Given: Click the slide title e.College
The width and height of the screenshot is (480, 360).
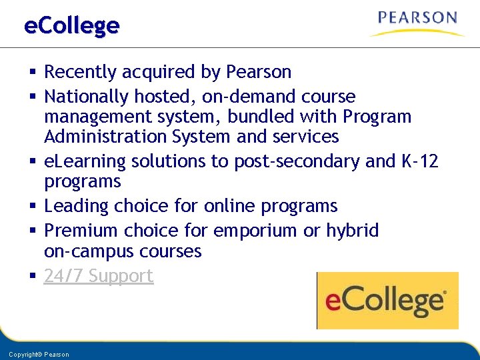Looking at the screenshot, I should (x=71, y=26).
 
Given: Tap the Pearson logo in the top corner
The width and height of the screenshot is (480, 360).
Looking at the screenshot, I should (x=417, y=22).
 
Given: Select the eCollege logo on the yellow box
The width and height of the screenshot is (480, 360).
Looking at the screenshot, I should (x=387, y=301).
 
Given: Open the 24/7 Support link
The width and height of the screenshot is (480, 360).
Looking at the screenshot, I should (x=99, y=276).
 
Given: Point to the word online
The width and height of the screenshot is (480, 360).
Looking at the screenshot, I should (x=223, y=207).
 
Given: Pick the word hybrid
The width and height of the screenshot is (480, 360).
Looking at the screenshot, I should (x=352, y=231).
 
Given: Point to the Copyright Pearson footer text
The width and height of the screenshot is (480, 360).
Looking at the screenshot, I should (x=39, y=355).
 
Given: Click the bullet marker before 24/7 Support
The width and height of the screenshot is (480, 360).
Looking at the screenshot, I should (x=32, y=276).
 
